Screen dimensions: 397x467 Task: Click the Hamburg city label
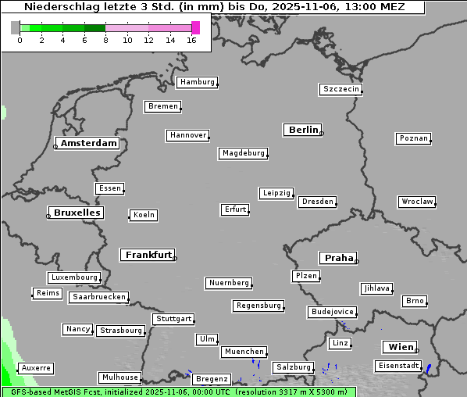[x=197, y=82]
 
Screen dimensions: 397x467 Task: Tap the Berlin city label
[x=303, y=130]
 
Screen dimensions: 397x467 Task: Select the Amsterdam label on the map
[x=89, y=143]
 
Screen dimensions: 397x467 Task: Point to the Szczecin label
[x=341, y=89]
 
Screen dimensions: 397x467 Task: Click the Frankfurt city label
[x=148, y=255]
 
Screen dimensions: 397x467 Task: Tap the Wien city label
[x=399, y=347]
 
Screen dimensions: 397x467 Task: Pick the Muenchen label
[x=244, y=352]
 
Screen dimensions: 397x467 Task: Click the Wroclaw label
[x=416, y=202]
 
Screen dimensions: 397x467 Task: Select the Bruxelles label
[x=77, y=213]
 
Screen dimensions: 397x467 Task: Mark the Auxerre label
[x=36, y=367]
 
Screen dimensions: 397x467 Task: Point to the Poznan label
[x=413, y=138]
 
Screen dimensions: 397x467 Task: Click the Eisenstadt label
[x=397, y=366]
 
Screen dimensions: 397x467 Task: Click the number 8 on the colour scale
[x=105, y=40]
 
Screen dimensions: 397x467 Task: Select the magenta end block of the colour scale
[x=195, y=27]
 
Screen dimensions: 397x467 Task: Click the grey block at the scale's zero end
[x=16, y=27]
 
